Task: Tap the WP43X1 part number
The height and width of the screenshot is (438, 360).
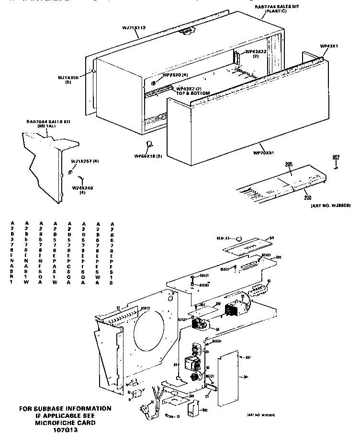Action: [x=329, y=46]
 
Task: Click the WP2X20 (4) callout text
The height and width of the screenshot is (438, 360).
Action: [x=175, y=75]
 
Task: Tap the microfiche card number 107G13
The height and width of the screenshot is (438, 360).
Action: [x=65, y=430]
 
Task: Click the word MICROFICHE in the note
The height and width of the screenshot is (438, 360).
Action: [x=53, y=423]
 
